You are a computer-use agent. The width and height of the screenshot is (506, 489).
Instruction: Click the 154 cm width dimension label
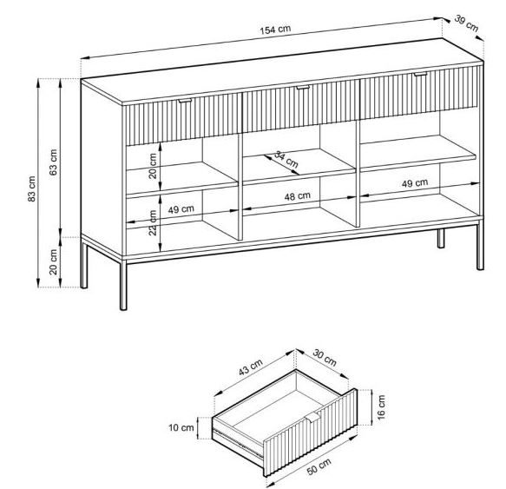[275, 30]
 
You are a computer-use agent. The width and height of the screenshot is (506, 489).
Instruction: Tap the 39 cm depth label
[466, 23]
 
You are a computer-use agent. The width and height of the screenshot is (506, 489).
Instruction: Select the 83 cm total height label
[31, 189]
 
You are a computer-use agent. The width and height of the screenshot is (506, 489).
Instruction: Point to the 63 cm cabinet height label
[53, 162]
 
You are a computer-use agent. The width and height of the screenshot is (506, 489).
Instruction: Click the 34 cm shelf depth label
[286, 159]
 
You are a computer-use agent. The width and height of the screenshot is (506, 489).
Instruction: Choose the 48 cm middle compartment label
[297, 196]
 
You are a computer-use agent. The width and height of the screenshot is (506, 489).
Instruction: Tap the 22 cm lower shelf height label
[153, 222]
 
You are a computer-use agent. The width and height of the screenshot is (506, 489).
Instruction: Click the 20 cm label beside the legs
[53, 262]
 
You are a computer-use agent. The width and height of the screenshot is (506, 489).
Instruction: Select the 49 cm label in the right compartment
[415, 183]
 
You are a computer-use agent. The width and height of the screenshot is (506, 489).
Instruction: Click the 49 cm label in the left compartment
[181, 209]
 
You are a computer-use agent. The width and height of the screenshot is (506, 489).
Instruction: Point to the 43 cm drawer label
[251, 367]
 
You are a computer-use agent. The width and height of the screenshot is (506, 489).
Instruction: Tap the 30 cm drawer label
[325, 358]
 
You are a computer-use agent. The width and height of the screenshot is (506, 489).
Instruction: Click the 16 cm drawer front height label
[381, 407]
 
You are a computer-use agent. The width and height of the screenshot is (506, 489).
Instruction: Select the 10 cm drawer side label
[181, 427]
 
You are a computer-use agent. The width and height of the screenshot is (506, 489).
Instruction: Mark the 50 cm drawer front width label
[319, 466]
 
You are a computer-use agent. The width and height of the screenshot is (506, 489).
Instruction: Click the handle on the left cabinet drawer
[185, 101]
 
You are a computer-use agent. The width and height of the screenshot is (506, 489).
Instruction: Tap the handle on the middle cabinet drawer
[303, 87]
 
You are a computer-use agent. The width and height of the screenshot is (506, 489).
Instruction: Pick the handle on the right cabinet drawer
[420, 74]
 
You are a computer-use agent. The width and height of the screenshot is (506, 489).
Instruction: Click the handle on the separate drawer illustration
[313, 417]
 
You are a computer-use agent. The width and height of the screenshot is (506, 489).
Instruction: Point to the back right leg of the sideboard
[441, 238]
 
